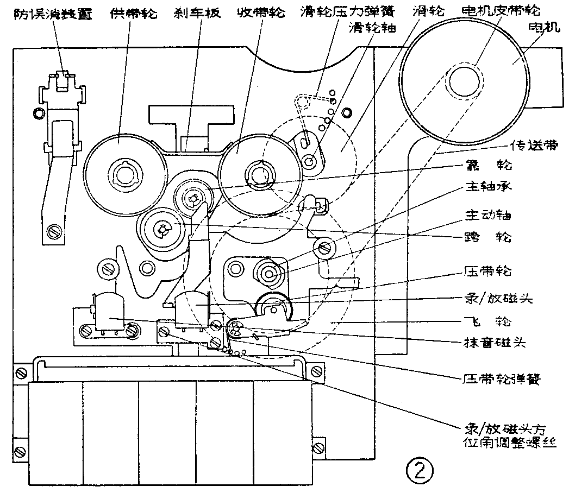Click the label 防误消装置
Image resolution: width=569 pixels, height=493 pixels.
click(48, 12)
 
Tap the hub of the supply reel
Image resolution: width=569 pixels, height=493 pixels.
click(124, 175)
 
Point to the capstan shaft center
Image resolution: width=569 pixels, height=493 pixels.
click(270, 271)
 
